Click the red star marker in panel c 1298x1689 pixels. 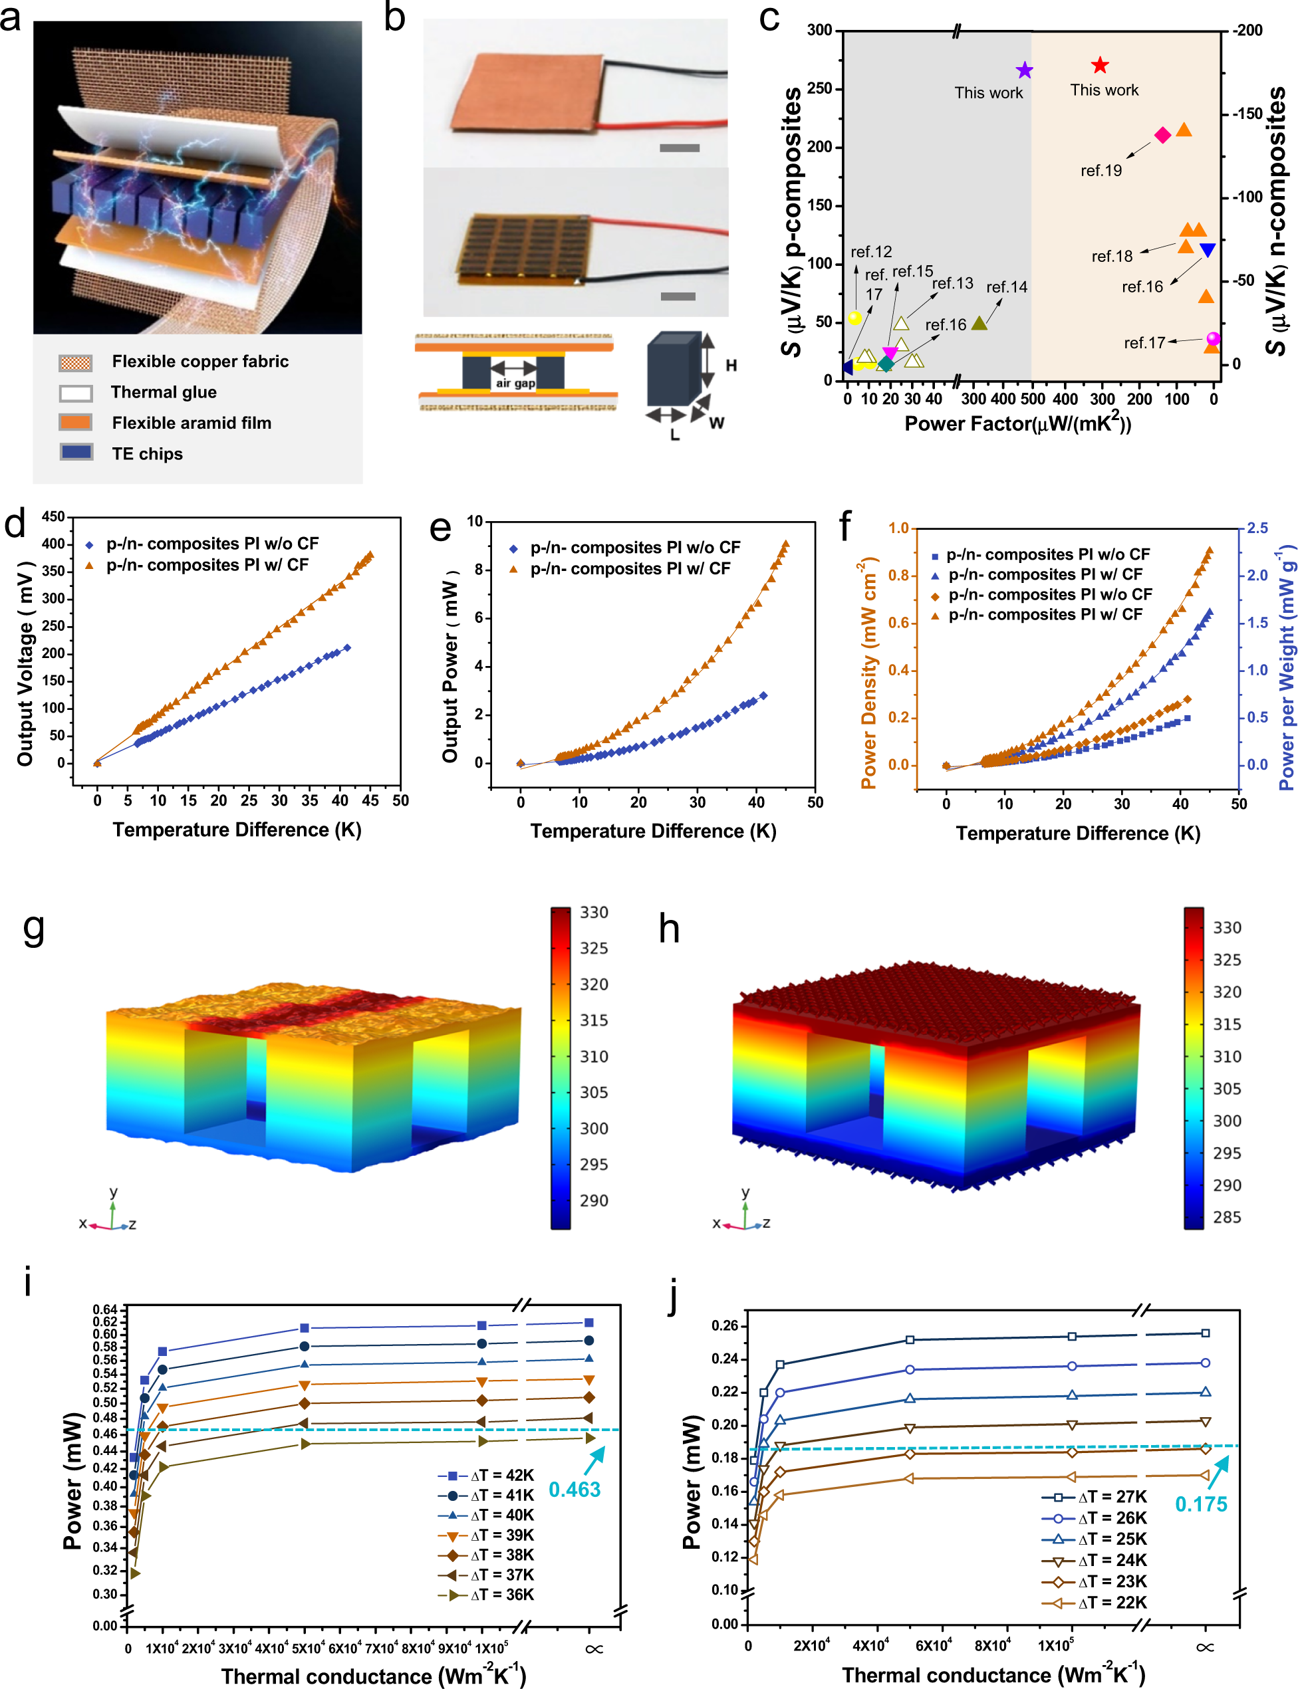click(1099, 66)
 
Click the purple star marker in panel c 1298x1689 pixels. click(1024, 70)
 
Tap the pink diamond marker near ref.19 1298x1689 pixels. click(1162, 135)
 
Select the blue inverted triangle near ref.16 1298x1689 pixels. click(1207, 250)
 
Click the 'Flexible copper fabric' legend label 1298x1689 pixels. click(200, 362)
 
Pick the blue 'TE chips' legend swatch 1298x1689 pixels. click(76, 453)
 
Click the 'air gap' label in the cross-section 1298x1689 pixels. click(515, 383)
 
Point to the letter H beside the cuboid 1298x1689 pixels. click(731, 366)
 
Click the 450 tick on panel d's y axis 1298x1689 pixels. click(53, 516)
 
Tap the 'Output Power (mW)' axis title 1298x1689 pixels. click(450, 667)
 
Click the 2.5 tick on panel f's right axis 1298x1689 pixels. click(1257, 528)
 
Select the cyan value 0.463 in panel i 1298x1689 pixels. click(574, 1489)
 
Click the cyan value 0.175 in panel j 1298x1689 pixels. click(1201, 1504)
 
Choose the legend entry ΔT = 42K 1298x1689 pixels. click(501, 1475)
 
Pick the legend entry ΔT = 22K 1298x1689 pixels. click(1112, 1603)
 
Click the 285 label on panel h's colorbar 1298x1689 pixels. click(1227, 1217)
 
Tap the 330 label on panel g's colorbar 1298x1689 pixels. click(594, 912)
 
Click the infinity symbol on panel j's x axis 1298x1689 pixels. click(1204, 1647)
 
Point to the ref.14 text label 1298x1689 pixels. click(1007, 287)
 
